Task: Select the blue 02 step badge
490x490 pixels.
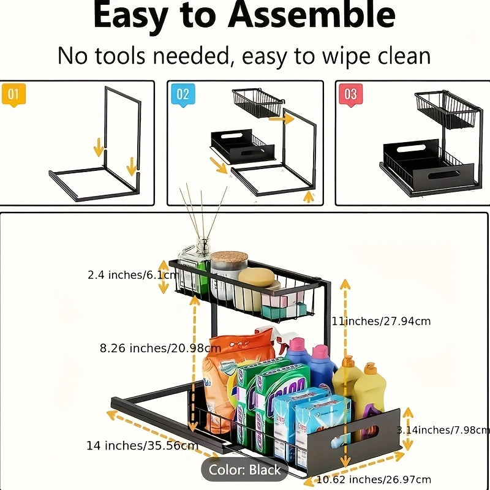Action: coord(183,95)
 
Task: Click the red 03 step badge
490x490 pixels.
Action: coord(350,95)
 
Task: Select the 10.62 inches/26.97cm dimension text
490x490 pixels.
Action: coord(374,479)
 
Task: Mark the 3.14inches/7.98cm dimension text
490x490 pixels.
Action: coord(443,430)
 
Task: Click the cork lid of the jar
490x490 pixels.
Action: coord(228,258)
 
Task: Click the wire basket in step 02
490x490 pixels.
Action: coord(257,103)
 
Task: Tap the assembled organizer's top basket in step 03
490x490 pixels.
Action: coord(447,110)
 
